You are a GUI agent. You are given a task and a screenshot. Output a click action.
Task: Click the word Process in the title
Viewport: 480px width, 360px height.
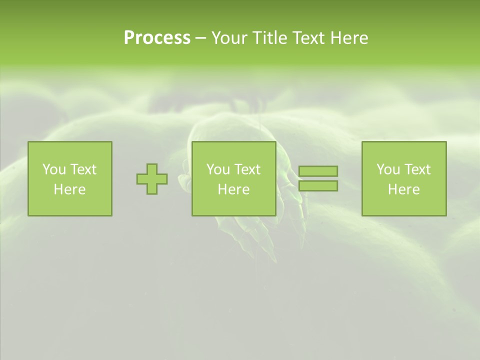(x=157, y=38)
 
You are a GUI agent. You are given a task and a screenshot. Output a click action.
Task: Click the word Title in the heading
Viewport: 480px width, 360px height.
(x=270, y=38)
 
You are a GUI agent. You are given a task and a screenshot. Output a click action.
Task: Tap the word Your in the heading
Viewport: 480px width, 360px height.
(x=230, y=38)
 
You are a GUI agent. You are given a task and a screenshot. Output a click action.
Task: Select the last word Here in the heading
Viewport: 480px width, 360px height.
(x=349, y=38)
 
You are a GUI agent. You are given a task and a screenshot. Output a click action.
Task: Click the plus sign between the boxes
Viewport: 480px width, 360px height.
(x=152, y=179)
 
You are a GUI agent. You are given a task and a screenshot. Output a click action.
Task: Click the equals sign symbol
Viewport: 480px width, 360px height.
(x=318, y=178)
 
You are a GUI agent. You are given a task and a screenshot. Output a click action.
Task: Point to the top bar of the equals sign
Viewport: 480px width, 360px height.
(x=318, y=171)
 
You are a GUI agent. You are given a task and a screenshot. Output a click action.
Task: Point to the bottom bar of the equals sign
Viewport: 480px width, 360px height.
(x=318, y=186)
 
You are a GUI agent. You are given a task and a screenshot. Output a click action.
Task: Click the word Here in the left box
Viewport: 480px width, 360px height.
(x=69, y=189)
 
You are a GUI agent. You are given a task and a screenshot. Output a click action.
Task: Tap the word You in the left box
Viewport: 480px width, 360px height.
(x=54, y=169)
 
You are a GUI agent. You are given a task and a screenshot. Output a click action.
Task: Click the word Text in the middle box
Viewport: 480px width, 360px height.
(x=247, y=169)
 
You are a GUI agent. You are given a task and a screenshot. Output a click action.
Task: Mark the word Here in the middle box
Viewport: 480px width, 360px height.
(x=233, y=189)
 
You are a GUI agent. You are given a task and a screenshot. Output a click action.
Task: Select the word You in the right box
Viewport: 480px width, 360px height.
(x=388, y=169)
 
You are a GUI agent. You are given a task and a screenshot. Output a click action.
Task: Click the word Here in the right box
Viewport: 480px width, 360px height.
(x=403, y=189)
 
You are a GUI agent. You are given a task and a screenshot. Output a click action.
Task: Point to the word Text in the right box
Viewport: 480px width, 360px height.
(x=417, y=169)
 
